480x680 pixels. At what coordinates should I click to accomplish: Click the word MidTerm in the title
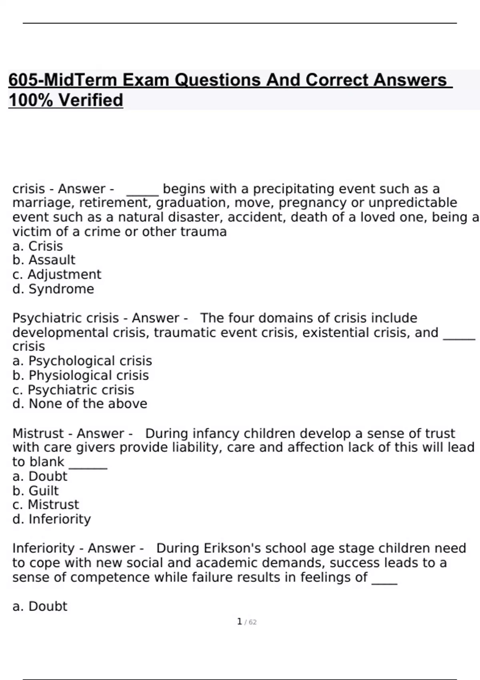pyautogui.click(x=80, y=80)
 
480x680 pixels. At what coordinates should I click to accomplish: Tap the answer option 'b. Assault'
pyautogui.click(x=44, y=260)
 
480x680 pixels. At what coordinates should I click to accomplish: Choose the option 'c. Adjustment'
pyautogui.click(x=57, y=274)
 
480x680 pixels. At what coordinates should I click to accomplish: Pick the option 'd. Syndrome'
pyautogui.click(x=53, y=289)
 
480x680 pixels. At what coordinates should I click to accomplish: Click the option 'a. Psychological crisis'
pyautogui.click(x=82, y=361)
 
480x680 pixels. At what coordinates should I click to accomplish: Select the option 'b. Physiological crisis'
pyautogui.click(x=80, y=375)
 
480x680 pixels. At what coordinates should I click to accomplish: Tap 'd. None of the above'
pyautogui.click(x=80, y=404)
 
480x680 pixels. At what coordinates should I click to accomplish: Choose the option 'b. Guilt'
pyautogui.click(x=36, y=490)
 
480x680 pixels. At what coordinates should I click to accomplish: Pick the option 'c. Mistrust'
pyautogui.click(x=46, y=504)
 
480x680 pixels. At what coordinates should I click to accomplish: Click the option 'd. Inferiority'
pyautogui.click(x=52, y=519)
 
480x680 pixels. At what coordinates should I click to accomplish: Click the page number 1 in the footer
pyautogui.click(x=240, y=622)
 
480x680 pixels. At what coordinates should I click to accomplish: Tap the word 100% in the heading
pyautogui.click(x=30, y=100)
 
